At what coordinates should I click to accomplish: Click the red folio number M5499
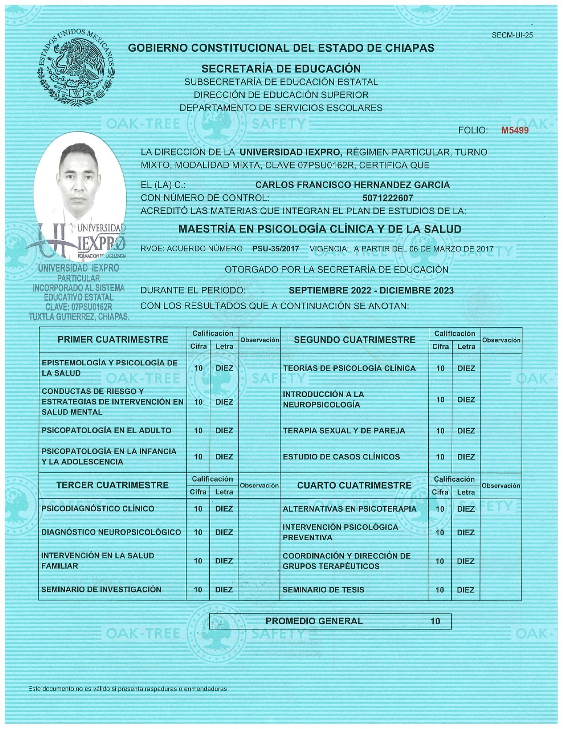click(514, 130)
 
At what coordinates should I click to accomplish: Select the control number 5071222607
click(387, 198)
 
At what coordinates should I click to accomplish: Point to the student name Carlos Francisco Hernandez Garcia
click(352, 185)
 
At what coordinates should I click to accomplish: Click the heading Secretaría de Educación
click(281, 69)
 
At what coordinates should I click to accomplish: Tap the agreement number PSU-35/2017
click(276, 249)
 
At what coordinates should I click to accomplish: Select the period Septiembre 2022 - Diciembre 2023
click(371, 290)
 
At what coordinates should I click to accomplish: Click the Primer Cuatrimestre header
click(113, 340)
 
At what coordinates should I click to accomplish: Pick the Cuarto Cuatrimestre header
click(354, 486)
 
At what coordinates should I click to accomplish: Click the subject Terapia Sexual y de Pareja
click(344, 431)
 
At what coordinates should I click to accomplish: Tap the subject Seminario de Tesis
click(323, 590)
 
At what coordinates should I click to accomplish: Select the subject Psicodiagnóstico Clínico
click(98, 509)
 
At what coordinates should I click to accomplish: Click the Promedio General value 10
click(435, 621)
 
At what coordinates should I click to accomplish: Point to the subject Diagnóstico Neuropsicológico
click(111, 532)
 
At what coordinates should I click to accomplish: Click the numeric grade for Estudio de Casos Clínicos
click(440, 457)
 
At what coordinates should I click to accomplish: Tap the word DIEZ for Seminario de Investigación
click(224, 590)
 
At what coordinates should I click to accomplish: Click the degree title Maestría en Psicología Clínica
click(319, 229)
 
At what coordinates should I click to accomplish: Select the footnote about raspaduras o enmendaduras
click(127, 688)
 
